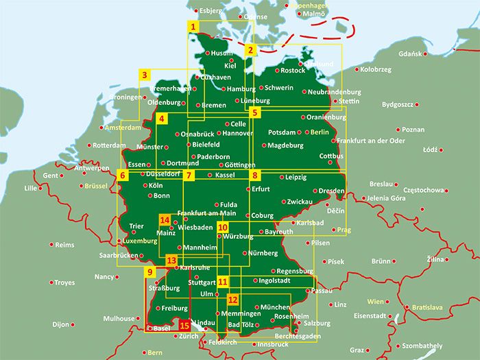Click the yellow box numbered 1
pos(194,27)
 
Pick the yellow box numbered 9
pos(148,273)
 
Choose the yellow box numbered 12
pos(232,300)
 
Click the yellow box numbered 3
pos(144,75)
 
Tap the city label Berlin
pos(320,132)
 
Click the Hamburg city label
pos(241,89)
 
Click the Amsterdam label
pos(122,128)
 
